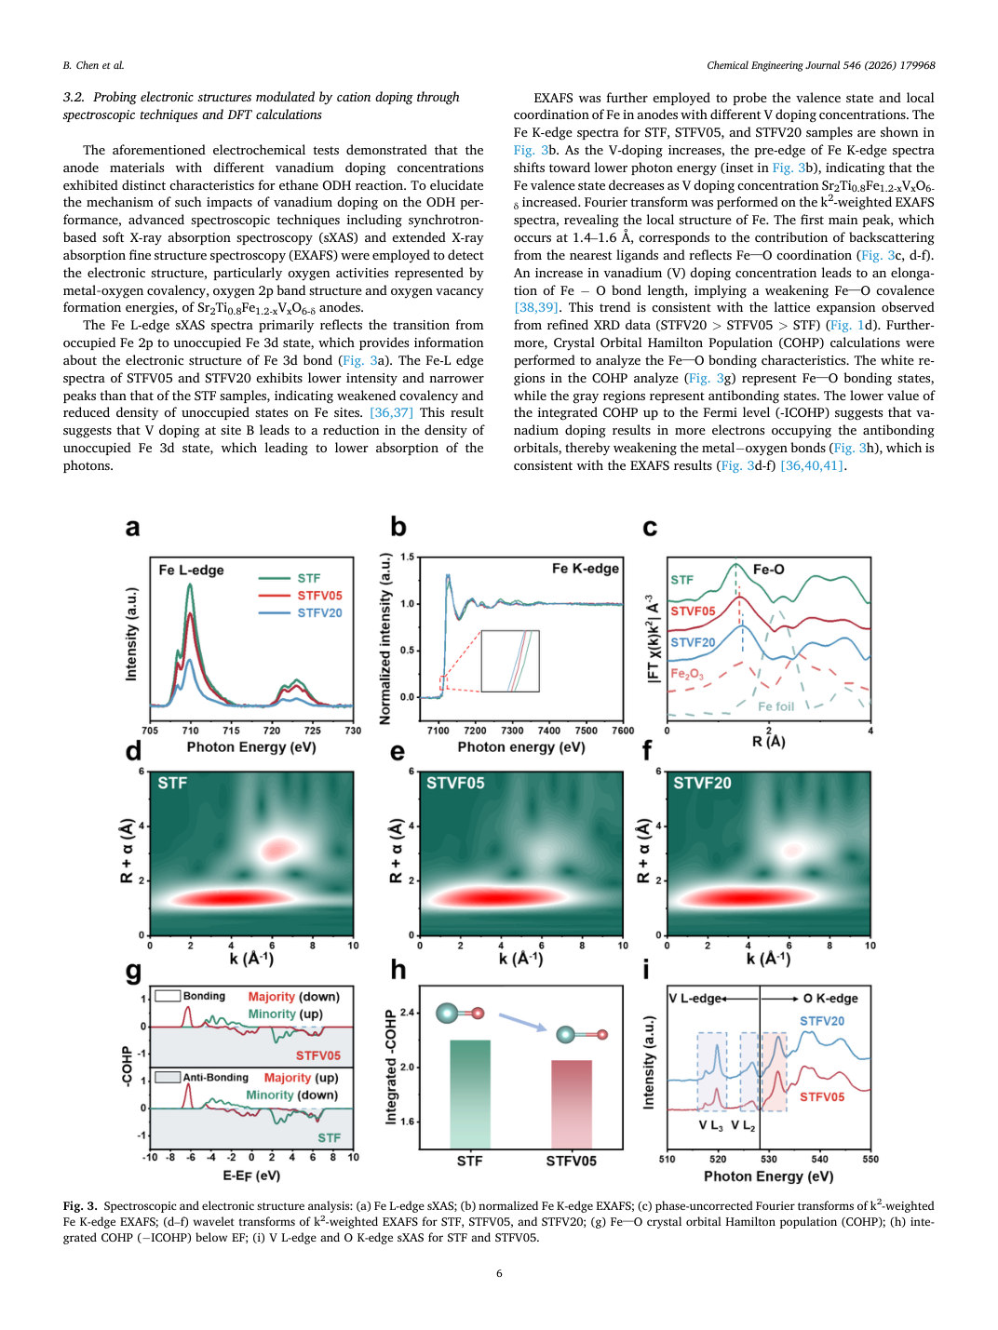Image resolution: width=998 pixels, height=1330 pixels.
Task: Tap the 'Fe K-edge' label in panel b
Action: click(585, 569)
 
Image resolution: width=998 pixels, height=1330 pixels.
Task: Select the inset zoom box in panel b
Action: click(509, 661)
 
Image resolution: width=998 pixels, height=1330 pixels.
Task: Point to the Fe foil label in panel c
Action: click(775, 706)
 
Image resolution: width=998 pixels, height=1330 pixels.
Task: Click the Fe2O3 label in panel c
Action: click(687, 674)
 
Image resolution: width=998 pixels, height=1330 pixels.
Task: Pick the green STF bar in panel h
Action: click(470, 1094)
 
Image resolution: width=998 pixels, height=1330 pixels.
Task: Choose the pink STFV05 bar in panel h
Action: click(571, 1104)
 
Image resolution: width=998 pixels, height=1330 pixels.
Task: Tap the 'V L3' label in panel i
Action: click(710, 1126)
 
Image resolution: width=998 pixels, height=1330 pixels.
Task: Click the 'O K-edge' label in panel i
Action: click(830, 999)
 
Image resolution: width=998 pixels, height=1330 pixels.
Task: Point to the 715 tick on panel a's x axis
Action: click(231, 730)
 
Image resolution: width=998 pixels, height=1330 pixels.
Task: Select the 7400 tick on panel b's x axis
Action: click(549, 730)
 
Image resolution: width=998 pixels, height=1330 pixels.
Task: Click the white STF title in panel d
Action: click(172, 784)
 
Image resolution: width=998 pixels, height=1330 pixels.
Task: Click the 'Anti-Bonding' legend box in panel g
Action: click(168, 1077)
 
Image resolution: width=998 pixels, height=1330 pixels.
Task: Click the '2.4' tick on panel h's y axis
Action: click(407, 1013)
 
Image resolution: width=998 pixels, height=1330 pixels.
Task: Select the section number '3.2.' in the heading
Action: click(74, 98)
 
